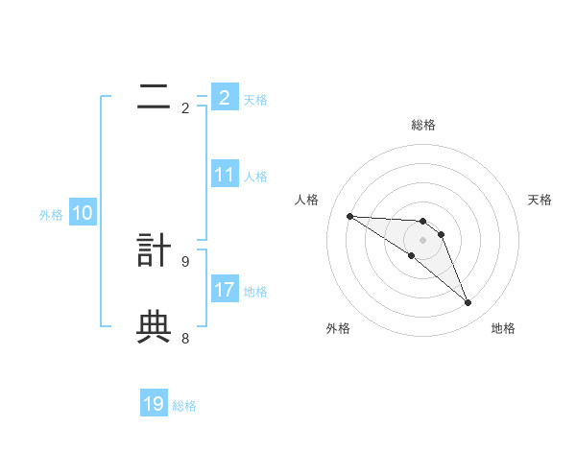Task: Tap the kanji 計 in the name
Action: pos(154,249)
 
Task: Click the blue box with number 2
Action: pos(225,98)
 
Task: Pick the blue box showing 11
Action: pos(225,175)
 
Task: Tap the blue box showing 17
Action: pos(225,290)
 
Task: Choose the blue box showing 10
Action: pos(83,214)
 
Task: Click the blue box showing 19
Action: pos(154,404)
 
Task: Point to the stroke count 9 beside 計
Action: pos(185,261)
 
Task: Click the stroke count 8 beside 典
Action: pos(185,338)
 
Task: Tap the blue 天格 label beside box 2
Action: pos(255,100)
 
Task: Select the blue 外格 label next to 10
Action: pos(51,215)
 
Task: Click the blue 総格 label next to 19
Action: pos(184,406)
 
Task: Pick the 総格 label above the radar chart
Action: pos(423,125)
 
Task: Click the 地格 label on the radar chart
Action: pos(503,329)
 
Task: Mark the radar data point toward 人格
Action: pos(349,216)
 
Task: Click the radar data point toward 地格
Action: pos(468,303)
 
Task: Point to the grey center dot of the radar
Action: pos(423,239)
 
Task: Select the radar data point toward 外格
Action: pos(412,255)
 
